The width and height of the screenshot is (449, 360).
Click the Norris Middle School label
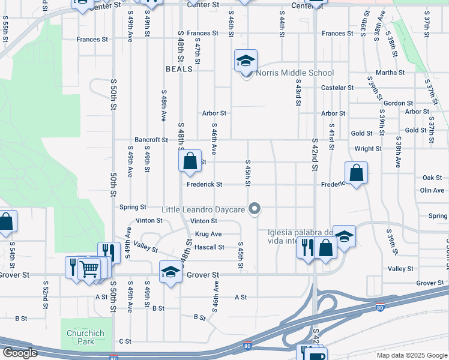(x=295, y=73)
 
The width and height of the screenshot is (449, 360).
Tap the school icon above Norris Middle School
(x=246, y=61)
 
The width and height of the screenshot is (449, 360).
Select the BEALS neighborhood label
(x=179, y=69)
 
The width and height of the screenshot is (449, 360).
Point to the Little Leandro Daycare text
(x=203, y=210)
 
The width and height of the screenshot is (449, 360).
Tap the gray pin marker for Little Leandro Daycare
(x=255, y=209)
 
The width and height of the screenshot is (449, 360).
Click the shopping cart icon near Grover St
(x=89, y=269)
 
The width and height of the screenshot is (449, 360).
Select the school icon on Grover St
(x=170, y=273)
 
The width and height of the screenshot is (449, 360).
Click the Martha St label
(x=390, y=73)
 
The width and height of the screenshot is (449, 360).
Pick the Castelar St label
(x=337, y=88)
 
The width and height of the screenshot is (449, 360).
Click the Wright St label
(x=368, y=149)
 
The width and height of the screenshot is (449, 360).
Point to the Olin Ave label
(x=432, y=190)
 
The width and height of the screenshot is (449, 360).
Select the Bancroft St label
(x=151, y=140)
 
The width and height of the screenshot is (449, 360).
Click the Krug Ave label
(x=208, y=234)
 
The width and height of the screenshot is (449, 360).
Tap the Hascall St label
(x=209, y=247)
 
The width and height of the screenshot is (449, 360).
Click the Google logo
(x=20, y=353)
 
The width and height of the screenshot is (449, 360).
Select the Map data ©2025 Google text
(x=411, y=355)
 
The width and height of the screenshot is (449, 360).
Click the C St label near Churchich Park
(x=125, y=341)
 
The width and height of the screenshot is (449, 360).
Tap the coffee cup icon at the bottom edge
(x=315, y=355)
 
